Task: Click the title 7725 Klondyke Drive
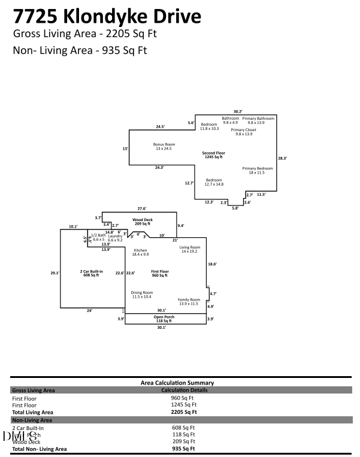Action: point(107,15)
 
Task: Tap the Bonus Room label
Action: point(164,147)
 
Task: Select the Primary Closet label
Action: point(244,132)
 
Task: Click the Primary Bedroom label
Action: point(258,171)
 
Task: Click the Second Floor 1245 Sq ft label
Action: point(213,155)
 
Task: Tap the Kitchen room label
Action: point(140,252)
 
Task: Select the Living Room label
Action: point(189,249)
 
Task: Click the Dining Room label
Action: point(141,294)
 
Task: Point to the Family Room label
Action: point(188,301)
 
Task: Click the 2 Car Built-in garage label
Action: point(92,274)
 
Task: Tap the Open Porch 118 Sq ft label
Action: point(164,319)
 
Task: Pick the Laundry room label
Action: point(115,238)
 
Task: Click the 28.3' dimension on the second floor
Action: point(282,158)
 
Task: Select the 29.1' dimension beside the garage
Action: point(55,273)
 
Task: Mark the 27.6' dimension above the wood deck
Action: point(142,208)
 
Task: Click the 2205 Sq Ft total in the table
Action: point(184,412)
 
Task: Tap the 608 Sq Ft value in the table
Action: point(183,428)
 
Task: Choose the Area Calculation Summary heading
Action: point(177,383)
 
